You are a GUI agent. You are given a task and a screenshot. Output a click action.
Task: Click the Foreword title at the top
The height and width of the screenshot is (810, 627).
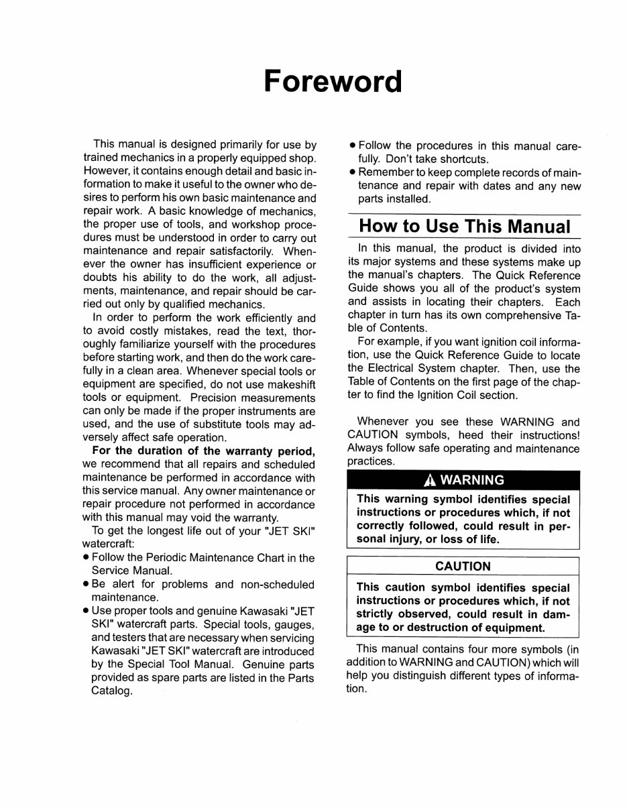(333, 81)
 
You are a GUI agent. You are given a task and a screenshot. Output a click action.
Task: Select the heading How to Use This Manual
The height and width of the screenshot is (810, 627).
(465, 225)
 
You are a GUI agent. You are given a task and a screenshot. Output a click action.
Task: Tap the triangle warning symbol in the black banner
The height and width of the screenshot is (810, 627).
(429, 479)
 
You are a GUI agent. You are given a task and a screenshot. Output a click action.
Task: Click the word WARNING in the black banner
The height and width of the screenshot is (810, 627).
(472, 479)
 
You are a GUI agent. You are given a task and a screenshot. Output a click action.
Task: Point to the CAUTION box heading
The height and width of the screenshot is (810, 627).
(463, 566)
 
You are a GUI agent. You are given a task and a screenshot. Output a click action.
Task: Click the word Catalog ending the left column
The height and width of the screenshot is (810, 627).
(111, 691)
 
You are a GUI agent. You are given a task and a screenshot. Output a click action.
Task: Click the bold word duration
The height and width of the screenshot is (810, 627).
(155, 451)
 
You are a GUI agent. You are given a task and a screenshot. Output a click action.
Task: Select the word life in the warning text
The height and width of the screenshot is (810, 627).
(488, 539)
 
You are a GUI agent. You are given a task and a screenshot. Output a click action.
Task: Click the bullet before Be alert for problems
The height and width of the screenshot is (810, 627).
(87, 585)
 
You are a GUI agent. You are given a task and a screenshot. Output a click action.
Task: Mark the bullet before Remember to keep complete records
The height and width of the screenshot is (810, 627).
(352, 173)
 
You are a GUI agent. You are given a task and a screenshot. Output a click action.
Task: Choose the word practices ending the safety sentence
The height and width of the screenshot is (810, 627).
(371, 461)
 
